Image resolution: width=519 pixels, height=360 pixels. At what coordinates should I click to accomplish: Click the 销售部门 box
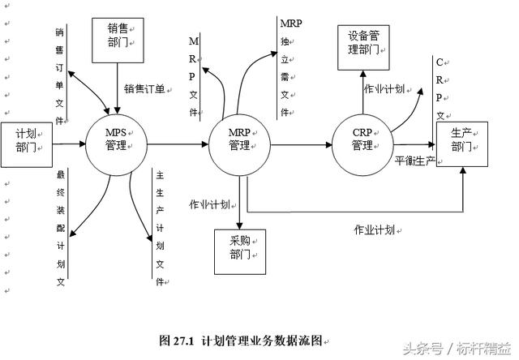(118, 38)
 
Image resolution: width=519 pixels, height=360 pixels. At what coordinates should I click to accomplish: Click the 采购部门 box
(238, 251)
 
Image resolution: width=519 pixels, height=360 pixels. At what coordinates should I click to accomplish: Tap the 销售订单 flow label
(144, 89)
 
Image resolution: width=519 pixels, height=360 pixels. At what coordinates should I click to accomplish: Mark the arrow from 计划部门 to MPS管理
(69, 144)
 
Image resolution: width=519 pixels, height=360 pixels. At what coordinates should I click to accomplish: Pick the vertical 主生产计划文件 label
(160, 227)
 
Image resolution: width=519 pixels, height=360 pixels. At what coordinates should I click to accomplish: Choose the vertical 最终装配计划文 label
(59, 229)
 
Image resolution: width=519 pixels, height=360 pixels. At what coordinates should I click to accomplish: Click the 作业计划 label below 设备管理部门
(384, 89)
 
